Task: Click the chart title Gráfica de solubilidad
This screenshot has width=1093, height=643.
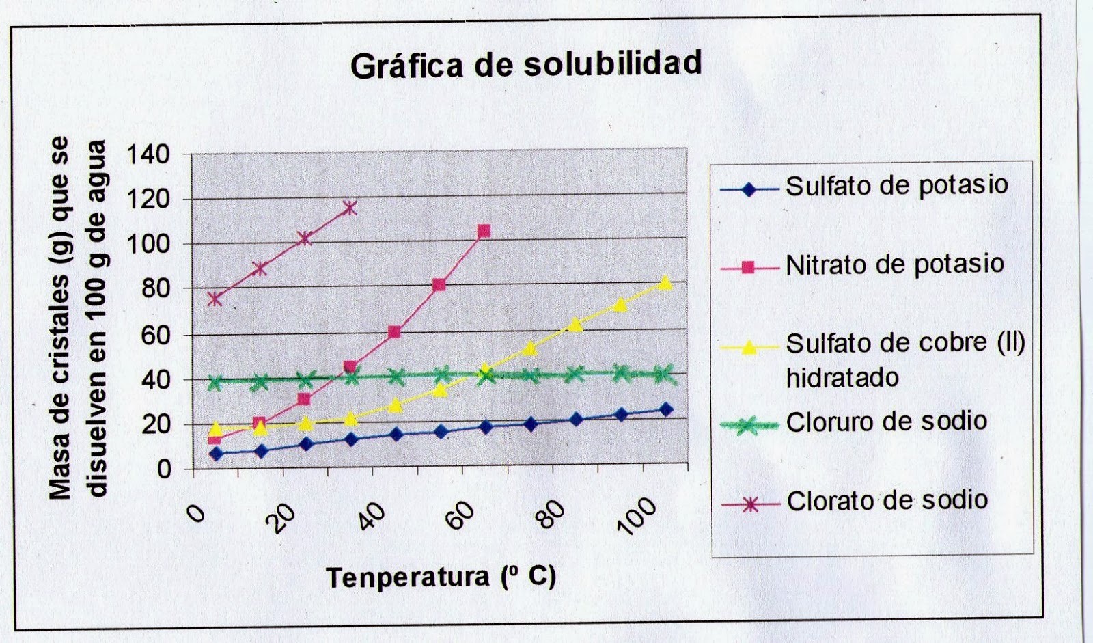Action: pos(526,65)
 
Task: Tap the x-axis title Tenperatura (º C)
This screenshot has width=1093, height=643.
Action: pos(441,577)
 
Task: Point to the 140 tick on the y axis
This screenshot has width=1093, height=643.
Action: pos(148,154)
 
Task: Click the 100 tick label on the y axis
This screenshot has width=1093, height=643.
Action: pos(148,245)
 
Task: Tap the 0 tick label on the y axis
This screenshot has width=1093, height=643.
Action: pos(163,469)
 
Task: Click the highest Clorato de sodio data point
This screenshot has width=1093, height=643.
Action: pos(350,208)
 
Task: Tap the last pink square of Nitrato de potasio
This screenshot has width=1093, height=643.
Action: pos(484,232)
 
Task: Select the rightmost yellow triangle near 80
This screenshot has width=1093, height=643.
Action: pos(665,283)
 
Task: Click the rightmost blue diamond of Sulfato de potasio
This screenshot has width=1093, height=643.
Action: pos(665,409)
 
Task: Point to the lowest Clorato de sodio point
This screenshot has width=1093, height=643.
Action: pos(215,299)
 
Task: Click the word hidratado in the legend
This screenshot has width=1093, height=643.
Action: pos(842,378)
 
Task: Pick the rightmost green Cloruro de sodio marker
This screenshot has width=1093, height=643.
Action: pos(663,373)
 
